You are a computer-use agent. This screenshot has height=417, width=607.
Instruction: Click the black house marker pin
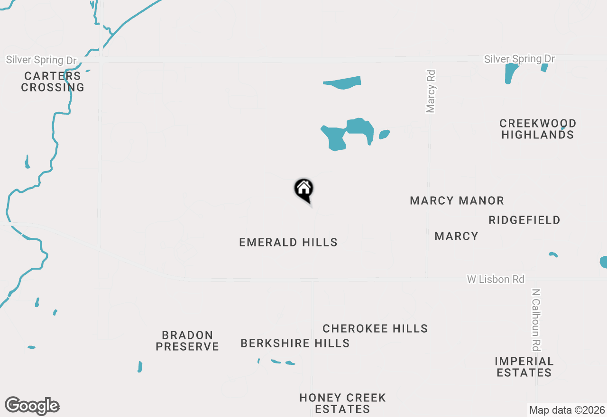pos(304,189)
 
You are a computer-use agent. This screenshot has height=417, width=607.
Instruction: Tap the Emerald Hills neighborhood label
pos(288,242)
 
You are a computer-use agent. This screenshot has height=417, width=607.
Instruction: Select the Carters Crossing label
pos(53,82)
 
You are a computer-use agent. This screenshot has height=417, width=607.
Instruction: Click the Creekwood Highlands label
pos(538,129)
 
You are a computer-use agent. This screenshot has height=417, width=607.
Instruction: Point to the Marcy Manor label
pos(457,200)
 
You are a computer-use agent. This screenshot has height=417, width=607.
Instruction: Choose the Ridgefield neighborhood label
pos(524,220)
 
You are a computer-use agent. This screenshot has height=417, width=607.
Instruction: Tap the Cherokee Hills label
pos(375,328)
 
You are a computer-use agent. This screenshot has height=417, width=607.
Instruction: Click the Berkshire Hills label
pos(295,343)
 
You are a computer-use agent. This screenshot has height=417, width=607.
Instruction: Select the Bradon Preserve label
pos(187,341)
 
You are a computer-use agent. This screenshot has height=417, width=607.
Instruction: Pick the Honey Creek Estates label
pos(342,403)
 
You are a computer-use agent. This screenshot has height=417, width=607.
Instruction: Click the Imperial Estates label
pos(524,367)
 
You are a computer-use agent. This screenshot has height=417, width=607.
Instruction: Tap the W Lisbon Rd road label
pos(496,279)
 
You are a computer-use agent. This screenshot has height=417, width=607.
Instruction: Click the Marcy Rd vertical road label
pos(431,92)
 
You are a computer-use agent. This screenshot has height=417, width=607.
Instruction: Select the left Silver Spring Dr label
pos(41,60)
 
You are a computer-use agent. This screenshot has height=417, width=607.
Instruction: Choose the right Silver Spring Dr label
pos(519,59)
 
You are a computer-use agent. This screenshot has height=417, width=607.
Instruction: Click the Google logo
pos(32,406)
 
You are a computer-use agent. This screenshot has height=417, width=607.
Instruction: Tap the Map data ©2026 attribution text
pos(567,410)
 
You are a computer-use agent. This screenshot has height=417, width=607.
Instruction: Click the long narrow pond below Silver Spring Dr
pos(342,82)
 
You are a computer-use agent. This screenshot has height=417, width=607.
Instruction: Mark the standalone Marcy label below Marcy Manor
pos(456,236)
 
